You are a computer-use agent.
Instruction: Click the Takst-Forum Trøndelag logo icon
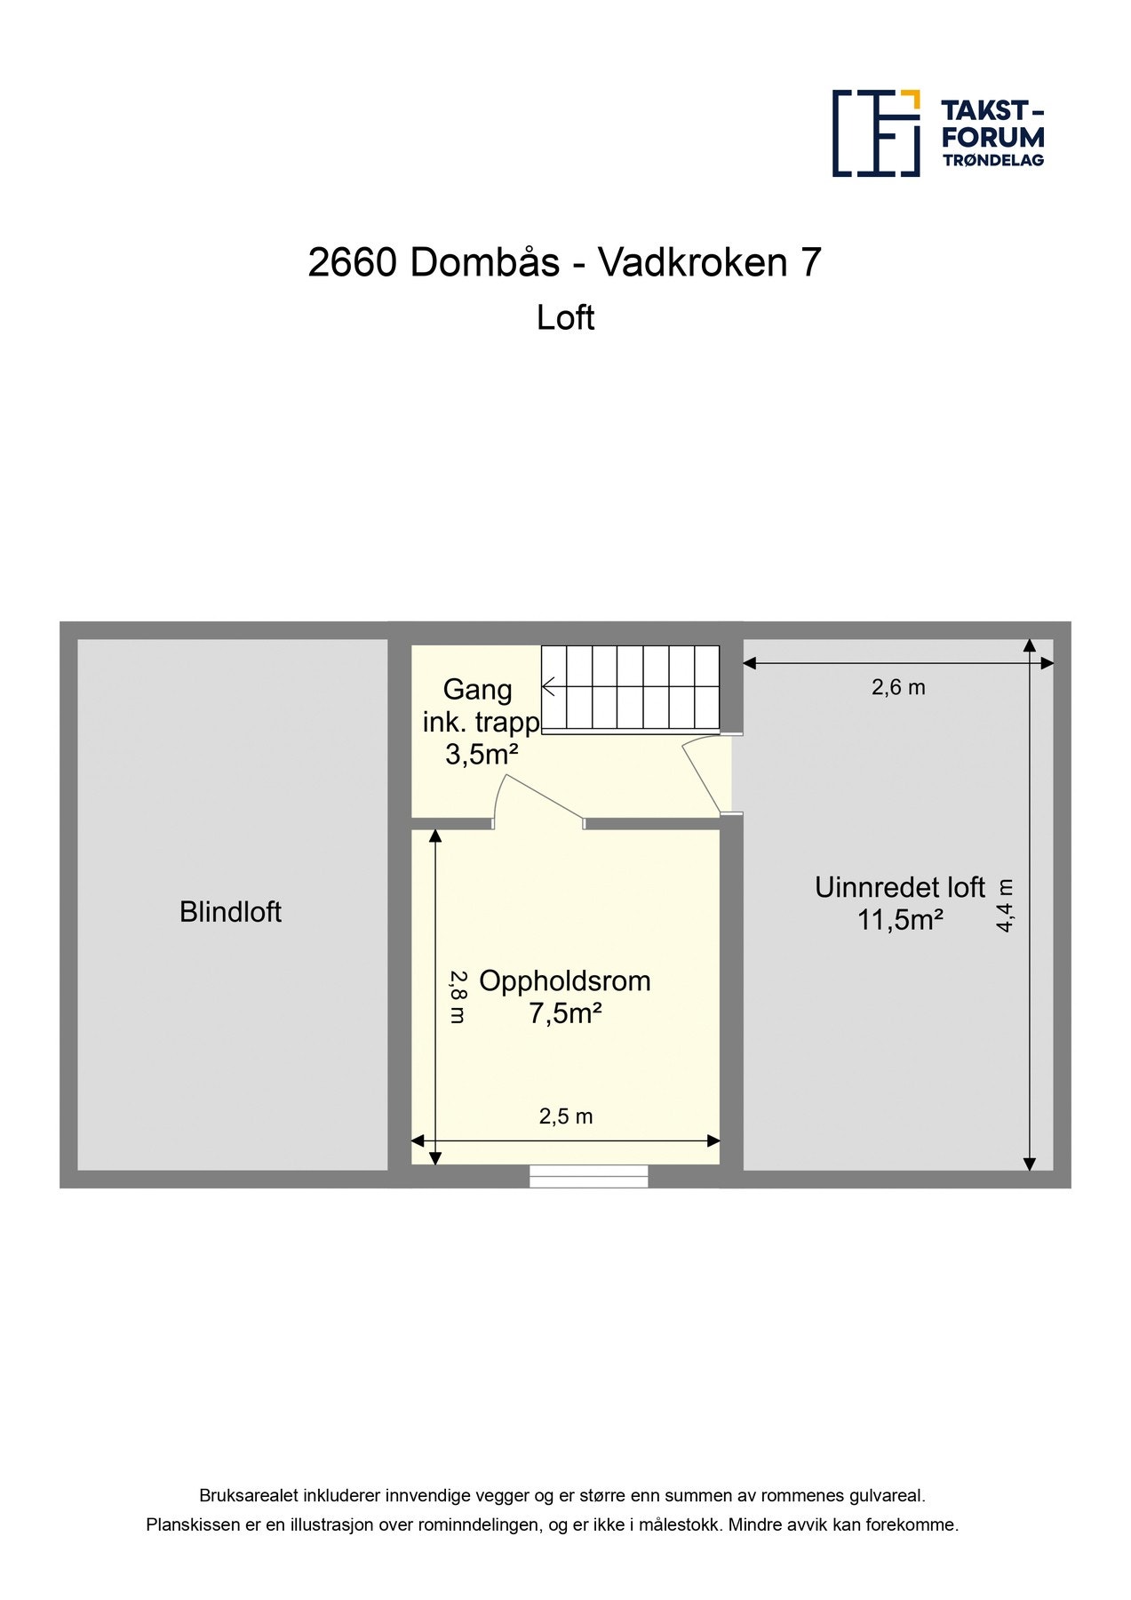pyautogui.click(x=875, y=133)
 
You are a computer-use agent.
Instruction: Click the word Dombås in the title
pyautogui.click(x=484, y=262)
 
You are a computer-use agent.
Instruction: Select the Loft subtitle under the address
pyautogui.click(x=565, y=318)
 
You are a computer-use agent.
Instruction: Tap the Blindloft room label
pyautogui.click(x=230, y=912)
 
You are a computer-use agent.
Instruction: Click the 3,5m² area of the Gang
pyautogui.click(x=482, y=756)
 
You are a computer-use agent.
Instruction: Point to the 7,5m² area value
pyautogui.click(x=565, y=1013)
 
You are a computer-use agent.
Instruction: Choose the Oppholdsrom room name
pyautogui.click(x=565, y=981)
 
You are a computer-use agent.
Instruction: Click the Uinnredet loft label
pyautogui.click(x=899, y=887)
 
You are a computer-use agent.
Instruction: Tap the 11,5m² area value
pyautogui.click(x=899, y=920)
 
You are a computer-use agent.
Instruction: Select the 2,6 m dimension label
pyautogui.click(x=898, y=687)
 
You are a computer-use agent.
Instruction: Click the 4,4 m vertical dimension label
pyautogui.click(x=1005, y=905)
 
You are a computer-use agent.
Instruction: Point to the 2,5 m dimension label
pyautogui.click(x=565, y=1116)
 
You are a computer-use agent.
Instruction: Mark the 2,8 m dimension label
pyautogui.click(x=457, y=996)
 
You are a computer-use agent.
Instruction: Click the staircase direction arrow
pyautogui.click(x=549, y=686)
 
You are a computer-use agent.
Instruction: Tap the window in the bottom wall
pyautogui.click(x=588, y=1176)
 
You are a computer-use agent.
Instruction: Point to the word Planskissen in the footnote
pyautogui.click(x=193, y=1525)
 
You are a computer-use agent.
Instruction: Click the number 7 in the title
pyautogui.click(x=810, y=262)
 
